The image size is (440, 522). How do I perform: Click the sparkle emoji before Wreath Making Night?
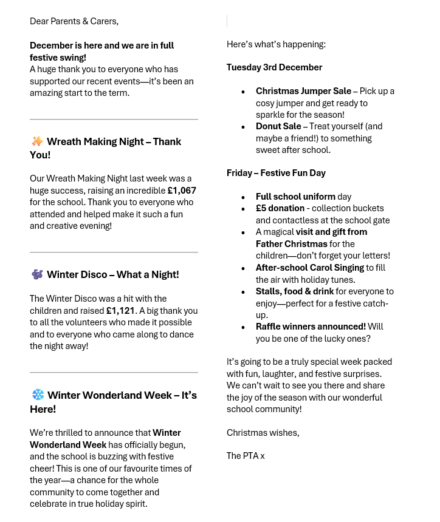37,141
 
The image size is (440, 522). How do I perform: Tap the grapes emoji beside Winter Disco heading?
37,274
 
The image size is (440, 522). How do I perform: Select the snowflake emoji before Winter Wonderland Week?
38,395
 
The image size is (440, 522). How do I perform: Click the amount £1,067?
182,191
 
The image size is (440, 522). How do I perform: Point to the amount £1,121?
120,311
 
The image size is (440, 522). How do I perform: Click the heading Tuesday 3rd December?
274,67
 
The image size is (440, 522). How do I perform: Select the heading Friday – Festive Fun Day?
276,173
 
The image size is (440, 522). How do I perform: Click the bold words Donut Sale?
278,126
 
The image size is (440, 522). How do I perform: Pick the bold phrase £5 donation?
280,208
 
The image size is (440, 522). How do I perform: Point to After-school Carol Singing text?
309,268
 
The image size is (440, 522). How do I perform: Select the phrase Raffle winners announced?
311,327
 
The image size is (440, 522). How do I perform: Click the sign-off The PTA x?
246,456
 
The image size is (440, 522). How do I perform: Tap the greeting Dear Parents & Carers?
74,21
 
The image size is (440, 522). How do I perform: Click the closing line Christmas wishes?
263,433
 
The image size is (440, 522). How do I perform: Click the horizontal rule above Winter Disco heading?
114,252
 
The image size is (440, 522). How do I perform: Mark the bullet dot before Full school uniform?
243,197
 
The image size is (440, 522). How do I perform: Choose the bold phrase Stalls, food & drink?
294,291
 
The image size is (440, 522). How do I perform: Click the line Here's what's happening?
276,44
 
